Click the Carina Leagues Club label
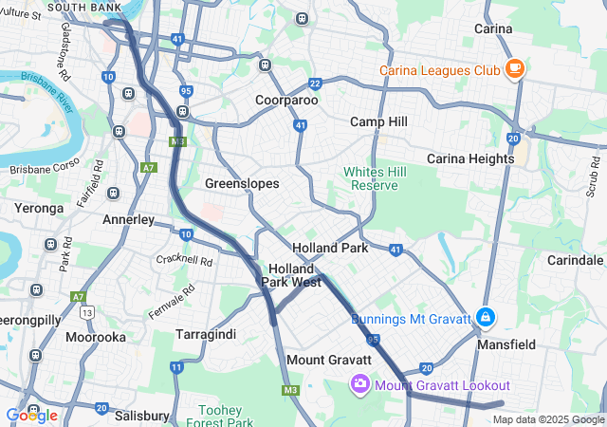[440, 69]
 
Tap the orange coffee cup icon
[515, 68]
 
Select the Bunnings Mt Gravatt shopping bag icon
[486, 316]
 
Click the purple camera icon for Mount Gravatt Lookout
[359, 384]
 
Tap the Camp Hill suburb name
[378, 121]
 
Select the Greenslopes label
[241, 182]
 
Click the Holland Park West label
[294, 275]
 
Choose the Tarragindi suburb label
[206, 334]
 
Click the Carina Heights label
[470, 158]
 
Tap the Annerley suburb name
[128, 219]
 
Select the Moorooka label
[95, 337]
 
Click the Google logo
[31, 415]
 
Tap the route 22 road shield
[315, 84]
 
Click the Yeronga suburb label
[38, 207]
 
